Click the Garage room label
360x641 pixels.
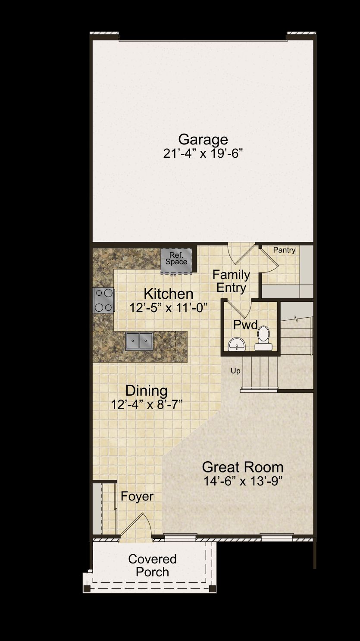click(203, 140)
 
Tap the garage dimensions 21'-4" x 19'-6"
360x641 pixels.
click(203, 153)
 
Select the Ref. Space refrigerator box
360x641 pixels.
click(176, 260)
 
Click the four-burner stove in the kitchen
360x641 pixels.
click(104, 300)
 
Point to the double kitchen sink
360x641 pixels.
click(139, 341)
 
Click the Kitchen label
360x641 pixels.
click(169, 294)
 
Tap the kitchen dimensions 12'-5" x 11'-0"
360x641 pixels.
click(168, 308)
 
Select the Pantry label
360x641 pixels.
click(284, 250)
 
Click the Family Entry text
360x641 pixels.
click(231, 281)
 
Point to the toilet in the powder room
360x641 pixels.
click(263, 338)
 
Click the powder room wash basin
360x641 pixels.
click(237, 344)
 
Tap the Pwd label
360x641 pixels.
click(245, 325)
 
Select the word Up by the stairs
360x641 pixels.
click(235, 371)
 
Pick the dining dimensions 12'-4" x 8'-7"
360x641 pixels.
click(147, 405)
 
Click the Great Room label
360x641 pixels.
click(243, 467)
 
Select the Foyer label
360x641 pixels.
click(137, 497)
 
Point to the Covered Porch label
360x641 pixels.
click(152, 566)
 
